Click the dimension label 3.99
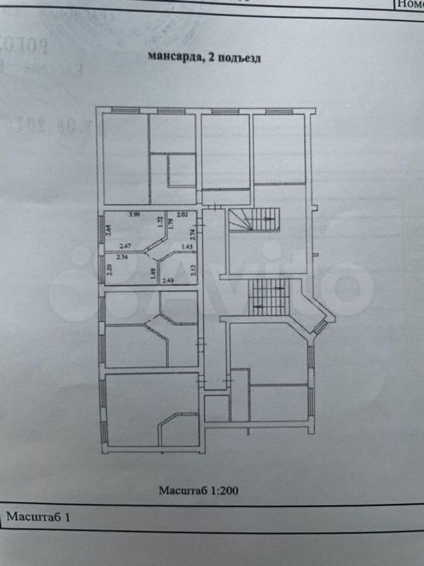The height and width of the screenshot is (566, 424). point(134,215)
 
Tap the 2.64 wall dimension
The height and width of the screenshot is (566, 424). point(108,232)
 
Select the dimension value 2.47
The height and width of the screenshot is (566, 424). point(125,246)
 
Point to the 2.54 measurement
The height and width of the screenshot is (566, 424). point(122,256)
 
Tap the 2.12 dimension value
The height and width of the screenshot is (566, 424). point(192,270)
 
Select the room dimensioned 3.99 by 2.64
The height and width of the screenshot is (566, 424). point(132,231)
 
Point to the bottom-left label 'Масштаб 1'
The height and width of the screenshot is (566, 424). point(41,517)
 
